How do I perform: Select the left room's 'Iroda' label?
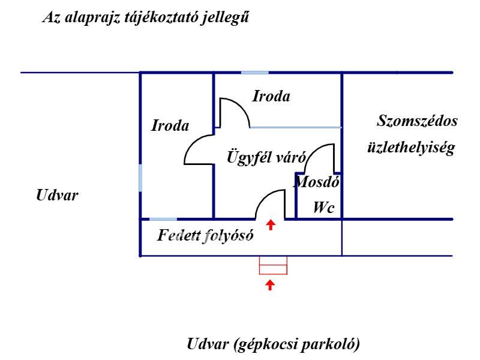(170, 126)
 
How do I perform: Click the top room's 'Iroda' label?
(271, 96)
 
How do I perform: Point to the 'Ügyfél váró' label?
(266, 158)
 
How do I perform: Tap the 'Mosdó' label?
(316, 182)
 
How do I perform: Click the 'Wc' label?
(323, 208)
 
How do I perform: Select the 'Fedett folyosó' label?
(205, 235)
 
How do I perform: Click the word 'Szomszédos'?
(417, 121)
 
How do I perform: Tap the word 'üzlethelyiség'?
(411, 148)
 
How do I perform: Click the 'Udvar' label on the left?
(57, 196)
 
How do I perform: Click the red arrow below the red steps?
(271, 284)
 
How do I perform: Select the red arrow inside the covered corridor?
(271, 225)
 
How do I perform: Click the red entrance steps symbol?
(273, 265)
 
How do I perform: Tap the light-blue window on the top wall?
(254, 73)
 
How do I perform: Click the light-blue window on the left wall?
(140, 178)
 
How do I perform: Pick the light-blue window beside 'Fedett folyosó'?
(163, 219)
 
